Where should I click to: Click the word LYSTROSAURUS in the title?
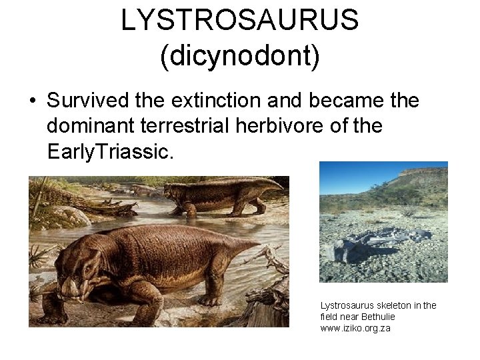coord(240,21)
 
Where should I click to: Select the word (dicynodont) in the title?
coord(240,56)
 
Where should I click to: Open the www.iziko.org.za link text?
coord(355,329)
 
